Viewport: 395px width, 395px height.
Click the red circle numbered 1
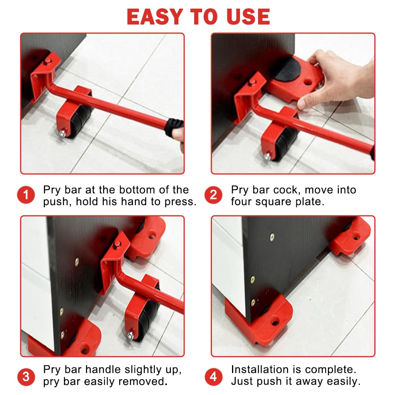pos(26,195)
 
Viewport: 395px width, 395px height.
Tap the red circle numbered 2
pos(213,195)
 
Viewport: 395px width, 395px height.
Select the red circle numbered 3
pos(26,377)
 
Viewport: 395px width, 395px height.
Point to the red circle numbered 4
pos(213,377)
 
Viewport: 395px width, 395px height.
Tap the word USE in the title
pos(248,17)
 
